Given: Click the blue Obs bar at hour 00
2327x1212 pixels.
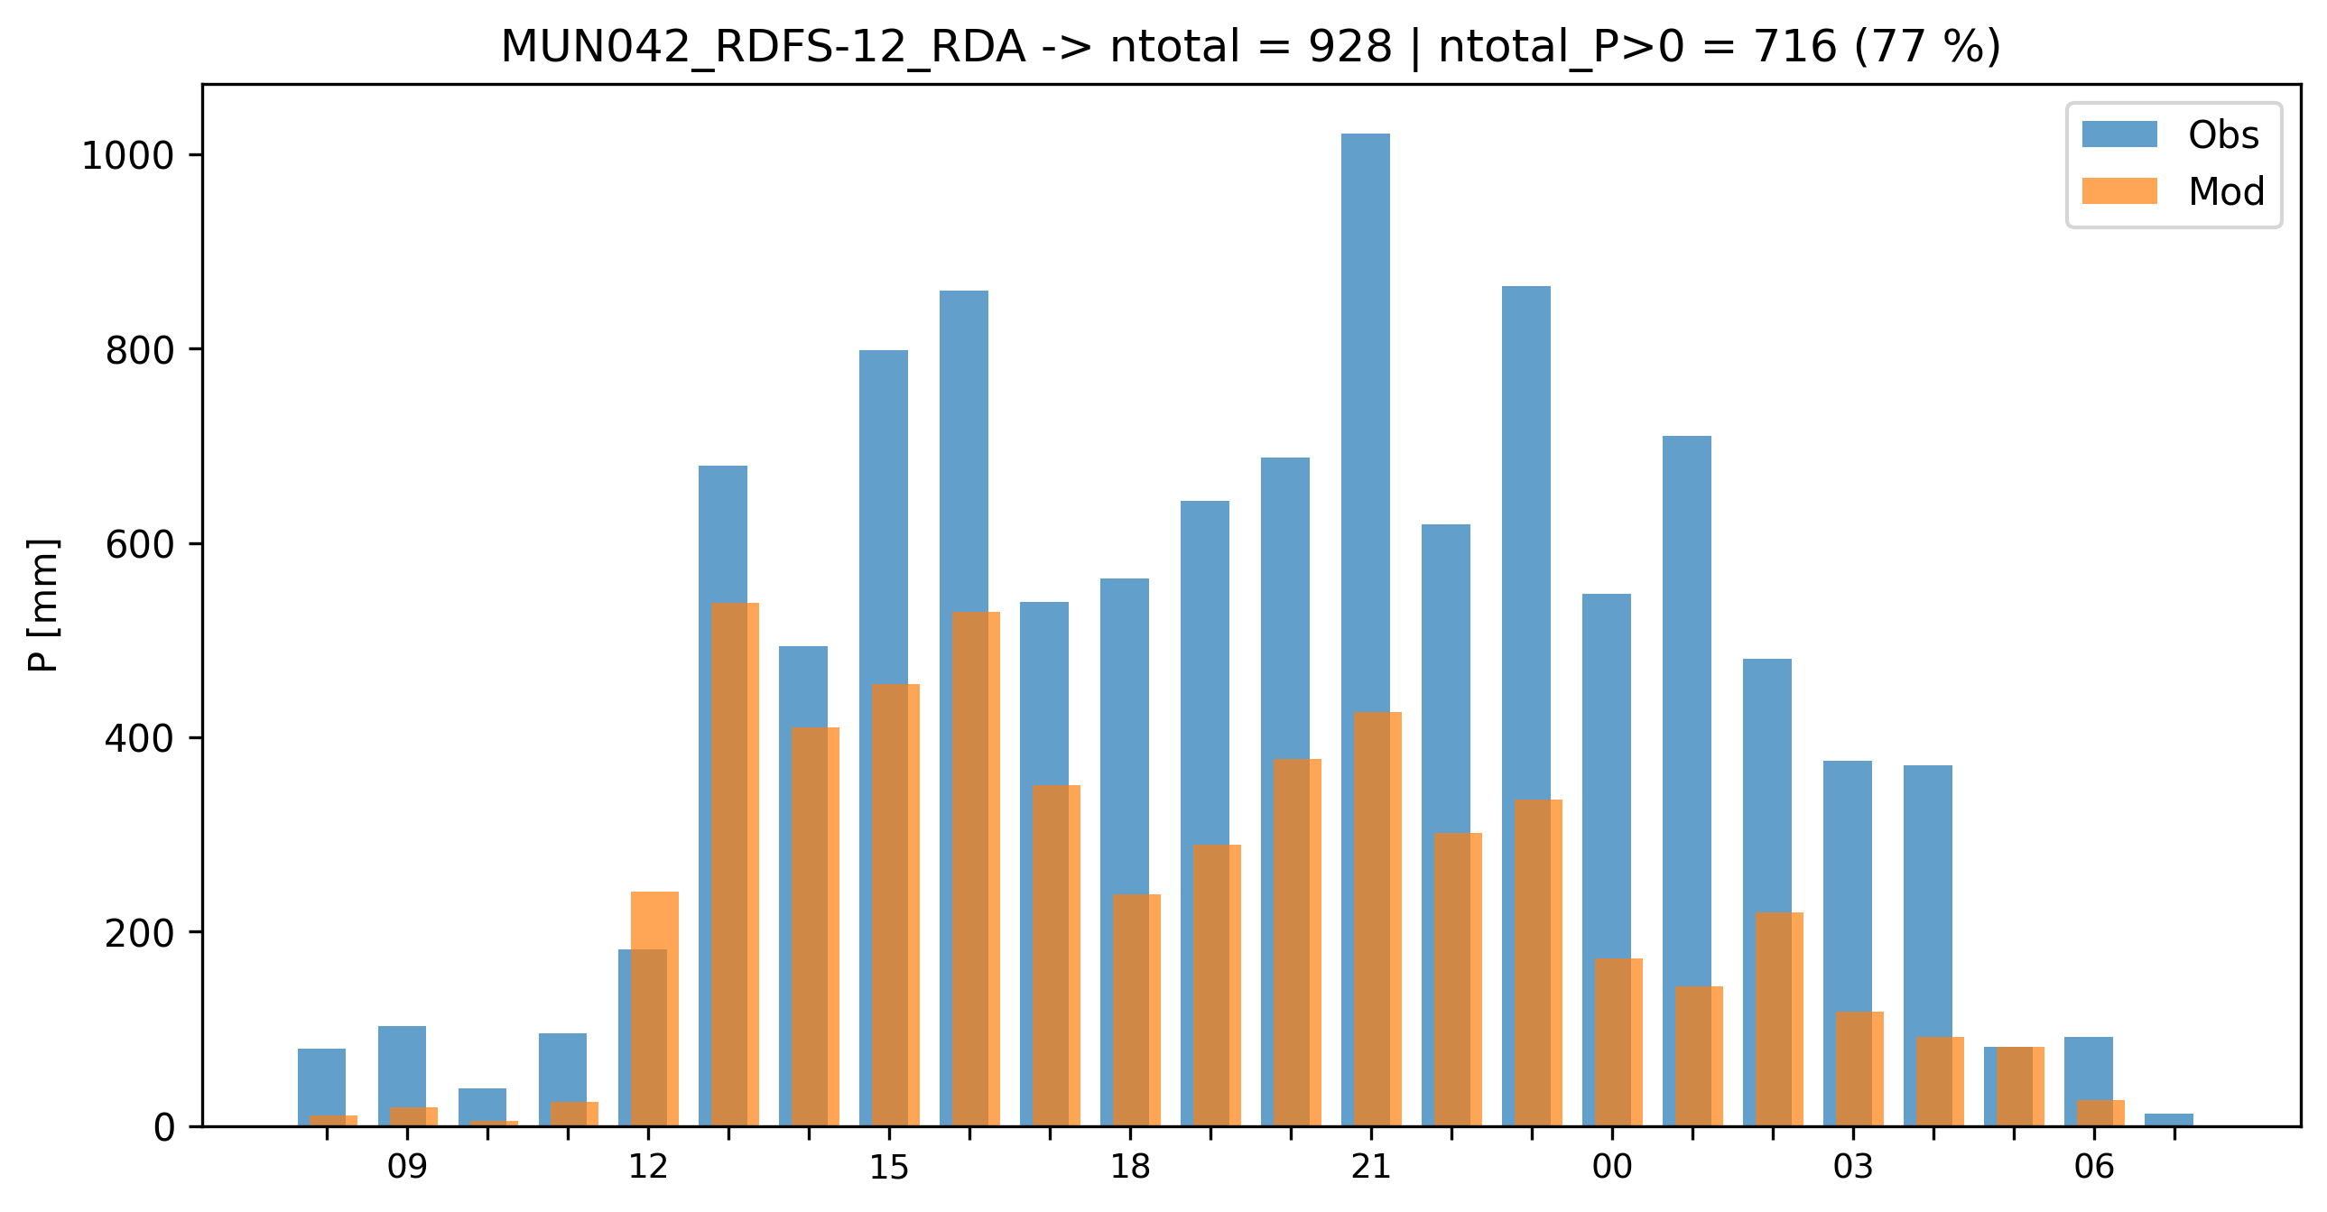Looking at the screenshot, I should pyautogui.click(x=1606, y=777).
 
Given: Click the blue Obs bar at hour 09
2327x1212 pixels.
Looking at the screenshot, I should pyautogui.click(x=401, y=1066).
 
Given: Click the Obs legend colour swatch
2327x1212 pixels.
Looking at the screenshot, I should pyautogui.click(x=2119, y=134).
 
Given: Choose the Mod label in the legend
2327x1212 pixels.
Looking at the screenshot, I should pyautogui.click(x=2226, y=191).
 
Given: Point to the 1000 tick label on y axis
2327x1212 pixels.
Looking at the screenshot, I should pyautogui.click(x=127, y=156).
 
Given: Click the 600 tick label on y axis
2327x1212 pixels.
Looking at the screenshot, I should pyautogui.click(x=139, y=544).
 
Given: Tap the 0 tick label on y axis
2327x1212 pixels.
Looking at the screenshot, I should pyautogui.click(x=164, y=1128).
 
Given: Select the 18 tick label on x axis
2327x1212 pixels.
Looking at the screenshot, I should pyautogui.click(x=1130, y=1168).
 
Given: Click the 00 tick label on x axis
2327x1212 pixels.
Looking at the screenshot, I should pyautogui.click(x=1611, y=1168).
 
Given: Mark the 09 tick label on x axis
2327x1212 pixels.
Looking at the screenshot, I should pyautogui.click(x=406, y=1168).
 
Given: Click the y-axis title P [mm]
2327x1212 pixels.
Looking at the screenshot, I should pyautogui.click(x=42, y=605).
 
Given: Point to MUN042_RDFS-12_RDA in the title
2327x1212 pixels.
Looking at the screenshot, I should pyautogui.click(x=763, y=47).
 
